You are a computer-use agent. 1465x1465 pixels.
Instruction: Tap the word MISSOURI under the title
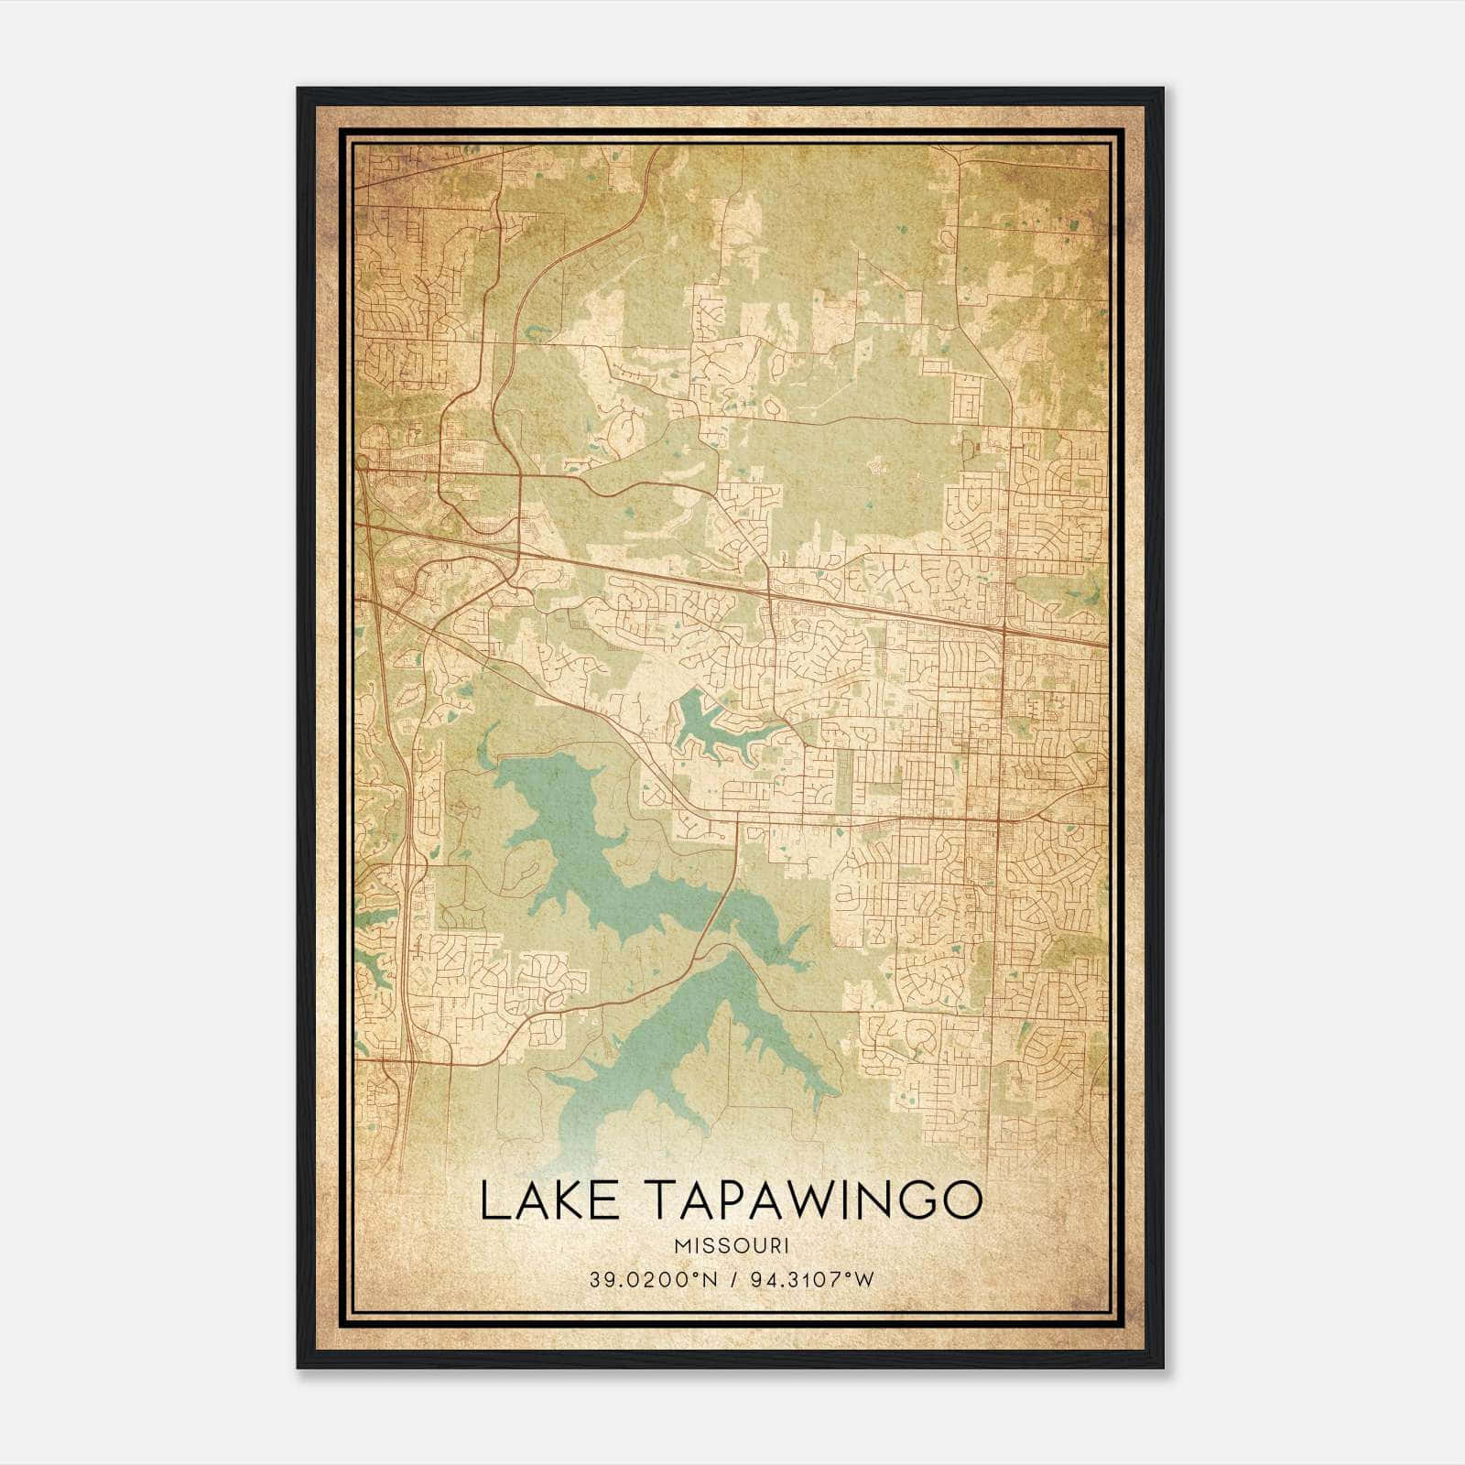[731, 1246]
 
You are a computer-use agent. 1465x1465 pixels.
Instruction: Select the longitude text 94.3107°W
[812, 1279]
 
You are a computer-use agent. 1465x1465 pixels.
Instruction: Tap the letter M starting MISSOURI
[680, 1246]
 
